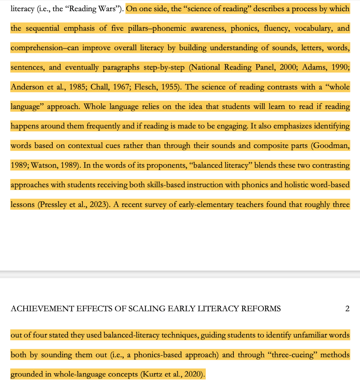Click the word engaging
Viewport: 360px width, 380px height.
click(232, 126)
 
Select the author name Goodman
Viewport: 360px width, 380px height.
click(331, 146)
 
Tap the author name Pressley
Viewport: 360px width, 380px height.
click(56, 204)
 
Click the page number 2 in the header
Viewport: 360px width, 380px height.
click(347, 309)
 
